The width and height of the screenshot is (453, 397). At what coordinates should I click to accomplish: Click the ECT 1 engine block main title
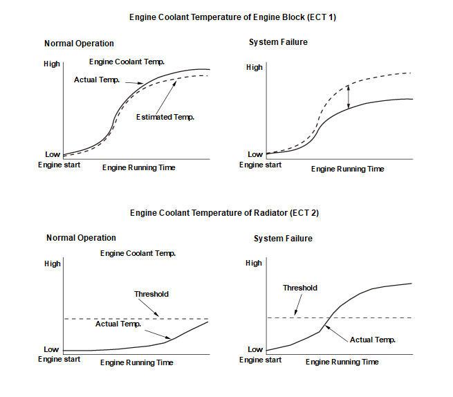(x=225, y=15)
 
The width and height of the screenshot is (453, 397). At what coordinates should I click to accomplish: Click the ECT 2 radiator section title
(x=224, y=213)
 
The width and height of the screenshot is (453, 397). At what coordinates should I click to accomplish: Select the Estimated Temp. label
(x=165, y=117)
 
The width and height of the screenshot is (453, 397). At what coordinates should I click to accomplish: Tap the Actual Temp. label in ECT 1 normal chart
(x=97, y=80)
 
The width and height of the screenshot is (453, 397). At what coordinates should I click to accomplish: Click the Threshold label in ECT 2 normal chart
(x=151, y=294)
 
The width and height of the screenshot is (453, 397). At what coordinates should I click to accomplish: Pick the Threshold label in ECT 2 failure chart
(x=300, y=288)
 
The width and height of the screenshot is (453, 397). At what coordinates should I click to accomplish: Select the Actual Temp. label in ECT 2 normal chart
(x=118, y=324)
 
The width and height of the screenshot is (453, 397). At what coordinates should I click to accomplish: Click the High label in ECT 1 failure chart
(x=255, y=68)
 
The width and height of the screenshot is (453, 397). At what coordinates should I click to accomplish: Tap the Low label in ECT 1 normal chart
(x=52, y=154)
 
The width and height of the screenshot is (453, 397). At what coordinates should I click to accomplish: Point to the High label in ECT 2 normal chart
(x=52, y=264)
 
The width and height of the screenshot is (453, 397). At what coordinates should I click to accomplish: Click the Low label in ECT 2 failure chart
(x=255, y=349)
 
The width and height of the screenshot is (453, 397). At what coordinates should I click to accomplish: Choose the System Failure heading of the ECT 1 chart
(x=278, y=42)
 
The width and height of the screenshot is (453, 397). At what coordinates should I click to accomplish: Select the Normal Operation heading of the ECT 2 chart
(x=81, y=238)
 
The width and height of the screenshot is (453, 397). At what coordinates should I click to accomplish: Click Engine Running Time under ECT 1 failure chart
(x=347, y=169)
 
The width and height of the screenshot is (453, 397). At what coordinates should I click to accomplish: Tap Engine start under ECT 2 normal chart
(x=59, y=360)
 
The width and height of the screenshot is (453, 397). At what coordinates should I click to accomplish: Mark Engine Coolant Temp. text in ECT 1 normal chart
(x=132, y=62)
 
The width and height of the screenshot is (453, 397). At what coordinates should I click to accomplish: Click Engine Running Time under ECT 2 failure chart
(x=342, y=362)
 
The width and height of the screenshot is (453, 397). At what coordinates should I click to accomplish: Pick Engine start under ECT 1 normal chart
(x=59, y=165)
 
